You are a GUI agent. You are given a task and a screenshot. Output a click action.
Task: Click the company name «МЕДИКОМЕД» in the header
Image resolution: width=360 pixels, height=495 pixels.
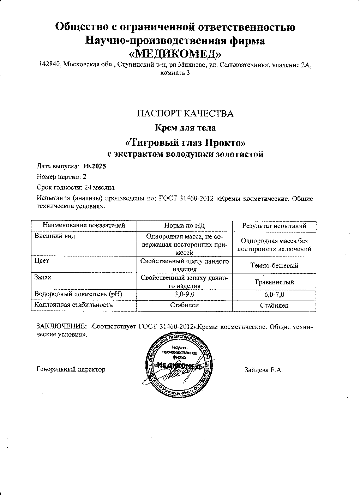(175, 54)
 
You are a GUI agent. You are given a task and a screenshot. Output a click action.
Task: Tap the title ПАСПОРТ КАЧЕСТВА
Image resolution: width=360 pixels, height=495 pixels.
(185, 114)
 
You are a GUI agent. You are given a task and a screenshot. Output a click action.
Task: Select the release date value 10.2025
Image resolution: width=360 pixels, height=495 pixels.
(95, 166)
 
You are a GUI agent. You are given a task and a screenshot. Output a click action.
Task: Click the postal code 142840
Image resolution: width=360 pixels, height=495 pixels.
(49, 65)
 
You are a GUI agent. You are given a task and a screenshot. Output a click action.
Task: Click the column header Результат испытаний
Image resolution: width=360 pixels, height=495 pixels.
(274, 226)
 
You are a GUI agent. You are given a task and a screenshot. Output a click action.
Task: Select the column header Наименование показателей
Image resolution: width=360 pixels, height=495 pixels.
(84, 225)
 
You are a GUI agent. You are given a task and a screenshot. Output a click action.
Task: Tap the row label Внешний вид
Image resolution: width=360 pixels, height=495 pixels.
(54, 236)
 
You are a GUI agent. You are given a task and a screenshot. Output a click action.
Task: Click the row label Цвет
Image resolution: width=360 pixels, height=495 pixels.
(42, 261)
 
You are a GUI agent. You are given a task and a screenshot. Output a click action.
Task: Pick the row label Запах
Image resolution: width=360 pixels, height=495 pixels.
(43, 278)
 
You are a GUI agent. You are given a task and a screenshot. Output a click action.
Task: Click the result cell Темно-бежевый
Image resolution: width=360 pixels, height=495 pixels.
(274, 265)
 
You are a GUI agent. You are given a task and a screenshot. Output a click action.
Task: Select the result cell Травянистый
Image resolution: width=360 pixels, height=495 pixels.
(274, 282)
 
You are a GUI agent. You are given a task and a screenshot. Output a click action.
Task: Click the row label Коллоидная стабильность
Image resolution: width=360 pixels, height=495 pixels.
(73, 304)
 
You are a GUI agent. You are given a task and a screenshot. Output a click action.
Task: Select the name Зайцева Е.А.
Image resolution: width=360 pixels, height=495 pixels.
(264, 370)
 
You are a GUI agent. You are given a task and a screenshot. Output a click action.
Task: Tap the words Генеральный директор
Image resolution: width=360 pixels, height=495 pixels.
(71, 369)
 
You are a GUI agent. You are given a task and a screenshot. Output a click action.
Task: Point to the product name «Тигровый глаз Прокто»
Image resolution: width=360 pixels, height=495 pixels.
(185, 143)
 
